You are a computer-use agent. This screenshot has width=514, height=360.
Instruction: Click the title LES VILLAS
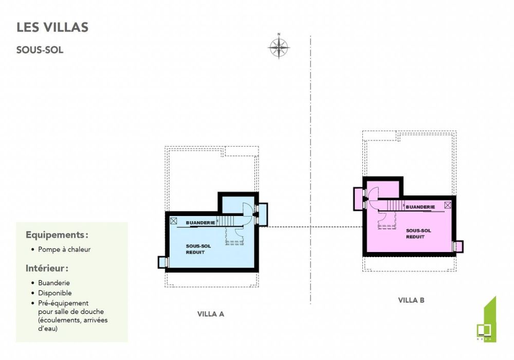tap(52, 27)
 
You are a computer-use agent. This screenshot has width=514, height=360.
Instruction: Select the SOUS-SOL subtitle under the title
tap(40, 50)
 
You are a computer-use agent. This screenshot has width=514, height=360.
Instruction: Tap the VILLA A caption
tap(211, 314)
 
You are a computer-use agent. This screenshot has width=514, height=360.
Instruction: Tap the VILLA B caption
tap(411, 300)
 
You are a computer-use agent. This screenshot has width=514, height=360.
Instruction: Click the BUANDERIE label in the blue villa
tap(200, 223)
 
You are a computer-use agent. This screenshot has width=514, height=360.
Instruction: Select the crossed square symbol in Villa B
tap(448, 205)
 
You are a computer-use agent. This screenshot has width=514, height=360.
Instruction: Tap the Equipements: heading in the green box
tap(57, 235)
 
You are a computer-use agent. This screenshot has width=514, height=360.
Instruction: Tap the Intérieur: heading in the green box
tap(47, 268)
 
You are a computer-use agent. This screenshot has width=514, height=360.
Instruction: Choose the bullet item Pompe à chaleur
tap(64, 249)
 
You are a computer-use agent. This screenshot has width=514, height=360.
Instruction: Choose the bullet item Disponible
tap(54, 293)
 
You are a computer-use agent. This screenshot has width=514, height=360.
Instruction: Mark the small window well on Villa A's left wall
tap(162, 262)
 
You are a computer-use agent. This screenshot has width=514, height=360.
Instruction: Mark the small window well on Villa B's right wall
tap(458, 246)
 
